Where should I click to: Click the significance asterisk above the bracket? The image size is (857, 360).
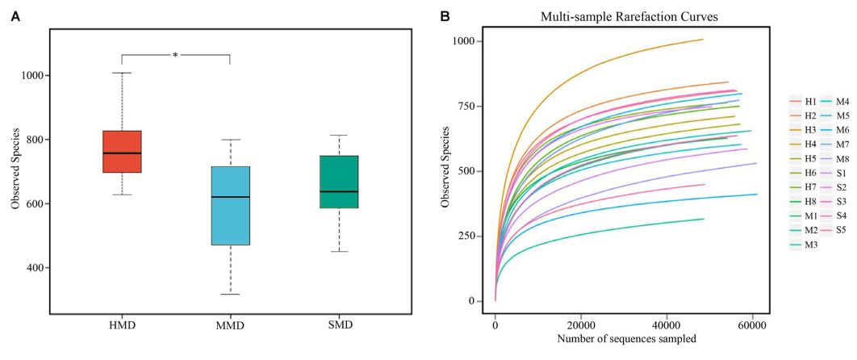point(175,55)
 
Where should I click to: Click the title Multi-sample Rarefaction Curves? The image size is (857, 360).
point(621,15)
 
